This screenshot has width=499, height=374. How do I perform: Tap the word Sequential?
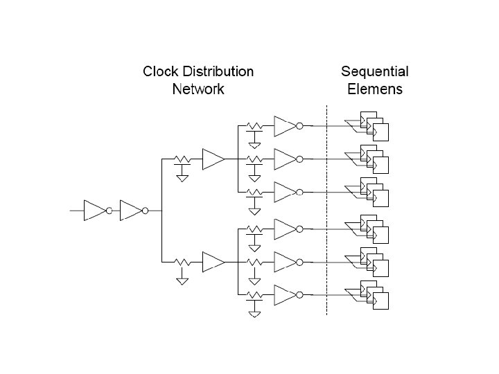(x=374, y=71)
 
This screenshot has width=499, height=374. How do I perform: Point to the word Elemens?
(x=374, y=89)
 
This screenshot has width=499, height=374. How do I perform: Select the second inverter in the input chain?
(x=130, y=210)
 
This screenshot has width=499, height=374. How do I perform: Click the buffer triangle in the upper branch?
(x=213, y=159)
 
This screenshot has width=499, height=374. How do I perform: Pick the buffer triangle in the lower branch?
(x=213, y=261)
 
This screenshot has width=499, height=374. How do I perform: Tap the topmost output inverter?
(x=285, y=126)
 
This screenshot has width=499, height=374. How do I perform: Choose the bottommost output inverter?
(x=285, y=296)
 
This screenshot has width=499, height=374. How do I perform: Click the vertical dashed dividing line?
(x=326, y=208)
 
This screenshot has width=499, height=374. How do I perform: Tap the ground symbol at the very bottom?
(x=254, y=313)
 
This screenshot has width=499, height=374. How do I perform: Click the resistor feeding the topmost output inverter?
(x=254, y=126)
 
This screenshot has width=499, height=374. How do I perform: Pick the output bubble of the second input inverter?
(x=145, y=211)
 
